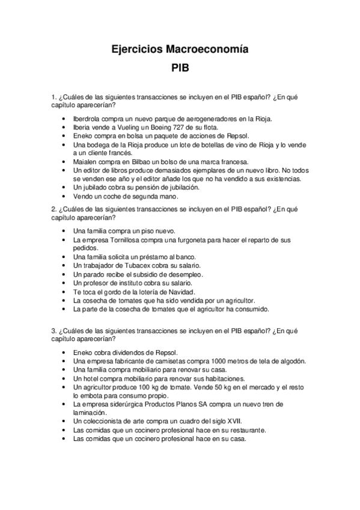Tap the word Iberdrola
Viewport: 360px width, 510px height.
pos(88,119)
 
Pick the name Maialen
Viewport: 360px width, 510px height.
pos(86,162)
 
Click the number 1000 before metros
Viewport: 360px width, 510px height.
pos(208,361)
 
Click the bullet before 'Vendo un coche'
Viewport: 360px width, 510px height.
pos(64,196)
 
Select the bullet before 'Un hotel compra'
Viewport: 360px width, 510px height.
pos(64,378)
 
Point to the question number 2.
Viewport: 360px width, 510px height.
pos(53,209)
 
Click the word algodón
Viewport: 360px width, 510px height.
pos(291,361)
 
